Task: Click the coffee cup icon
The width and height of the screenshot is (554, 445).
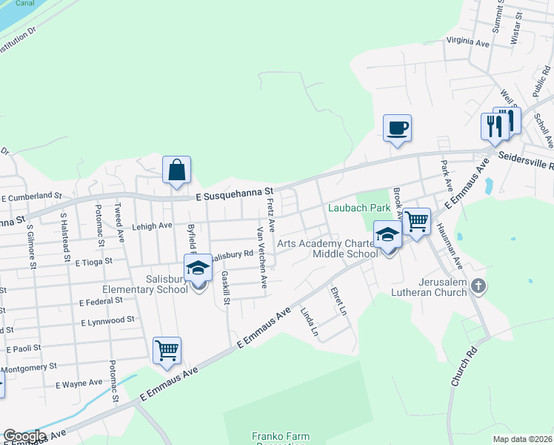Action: click(x=397, y=128)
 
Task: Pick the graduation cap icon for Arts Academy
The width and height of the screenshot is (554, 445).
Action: click(x=387, y=235)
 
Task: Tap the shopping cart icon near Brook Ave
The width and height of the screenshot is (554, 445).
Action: click(x=417, y=221)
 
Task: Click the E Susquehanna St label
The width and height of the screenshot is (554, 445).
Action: click(x=236, y=192)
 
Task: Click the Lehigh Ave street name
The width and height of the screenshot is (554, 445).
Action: click(x=153, y=225)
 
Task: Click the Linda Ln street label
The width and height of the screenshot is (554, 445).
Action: click(x=309, y=322)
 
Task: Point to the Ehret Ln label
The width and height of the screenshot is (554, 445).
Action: click(x=338, y=300)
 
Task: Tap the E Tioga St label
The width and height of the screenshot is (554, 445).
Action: click(x=94, y=262)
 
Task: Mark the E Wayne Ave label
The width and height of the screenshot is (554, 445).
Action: click(x=79, y=383)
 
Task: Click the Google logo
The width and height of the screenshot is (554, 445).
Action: click(x=24, y=436)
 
